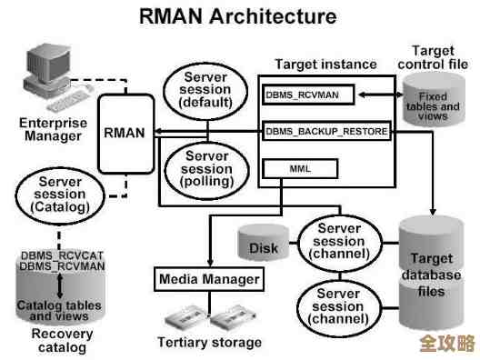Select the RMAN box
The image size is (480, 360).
[x=124, y=133]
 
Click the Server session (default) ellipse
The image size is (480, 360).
[x=205, y=88]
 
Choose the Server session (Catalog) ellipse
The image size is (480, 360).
[x=60, y=195]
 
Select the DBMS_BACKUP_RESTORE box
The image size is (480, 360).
[x=326, y=132]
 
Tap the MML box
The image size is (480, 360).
[x=300, y=168]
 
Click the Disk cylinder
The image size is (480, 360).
[x=263, y=245]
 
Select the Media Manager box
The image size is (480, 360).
[x=209, y=278]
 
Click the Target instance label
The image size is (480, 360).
[x=325, y=65]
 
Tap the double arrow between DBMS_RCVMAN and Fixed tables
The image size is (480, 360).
[x=376, y=94]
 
